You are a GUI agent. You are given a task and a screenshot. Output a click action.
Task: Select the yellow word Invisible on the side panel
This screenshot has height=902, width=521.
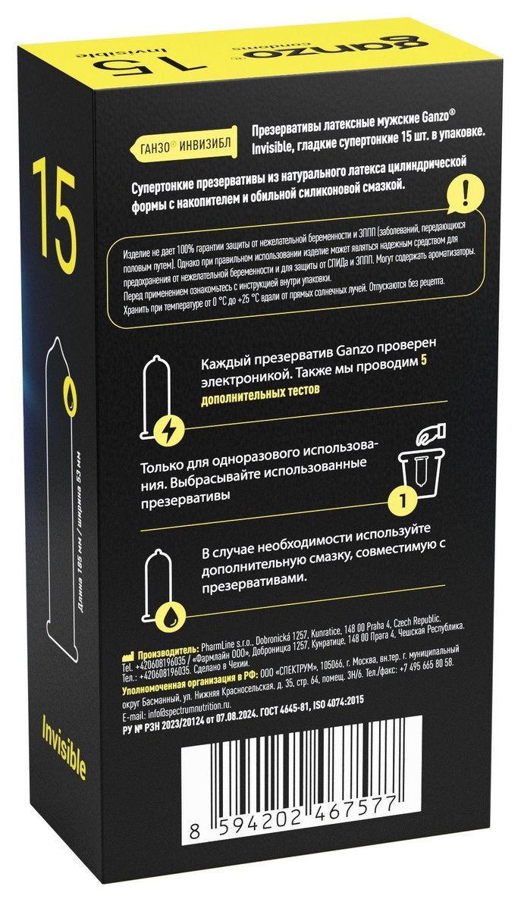(x=64, y=746)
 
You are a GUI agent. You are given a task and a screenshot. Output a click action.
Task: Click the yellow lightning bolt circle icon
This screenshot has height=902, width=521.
(x=174, y=428)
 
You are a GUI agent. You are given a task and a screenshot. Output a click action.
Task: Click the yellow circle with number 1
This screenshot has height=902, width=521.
(x=403, y=497)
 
